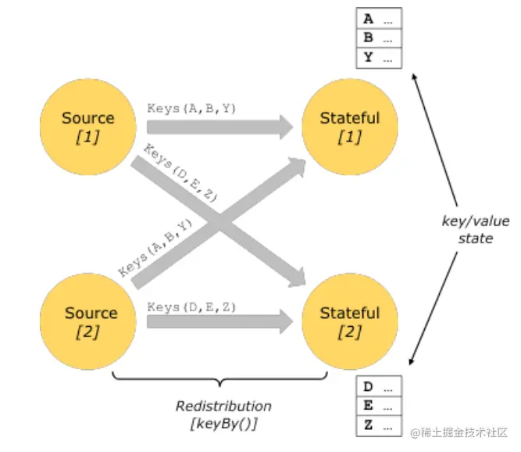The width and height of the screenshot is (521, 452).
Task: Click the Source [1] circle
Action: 87,125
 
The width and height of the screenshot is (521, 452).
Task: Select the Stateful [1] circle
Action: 349,125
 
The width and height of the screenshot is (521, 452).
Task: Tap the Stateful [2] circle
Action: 349,320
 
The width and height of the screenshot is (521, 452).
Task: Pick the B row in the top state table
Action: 379,38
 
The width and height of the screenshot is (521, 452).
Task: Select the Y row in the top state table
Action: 379,57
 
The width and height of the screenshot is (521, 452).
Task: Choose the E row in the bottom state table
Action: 379,407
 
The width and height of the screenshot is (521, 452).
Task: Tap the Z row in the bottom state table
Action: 379,425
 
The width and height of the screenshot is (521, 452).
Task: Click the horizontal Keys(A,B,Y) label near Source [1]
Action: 191,109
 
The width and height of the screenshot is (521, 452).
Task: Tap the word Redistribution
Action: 223,407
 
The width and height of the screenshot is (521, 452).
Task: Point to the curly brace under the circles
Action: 224,380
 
